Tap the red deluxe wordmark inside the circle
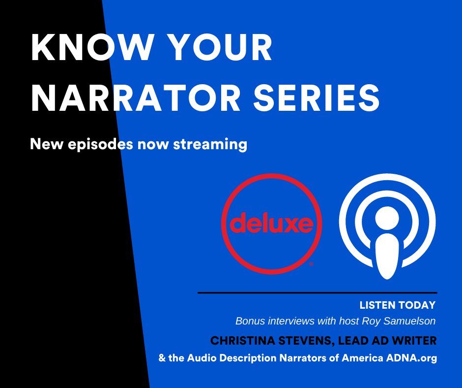[271, 224]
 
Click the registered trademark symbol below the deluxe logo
[311, 264]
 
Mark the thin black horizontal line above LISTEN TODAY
[317, 293]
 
